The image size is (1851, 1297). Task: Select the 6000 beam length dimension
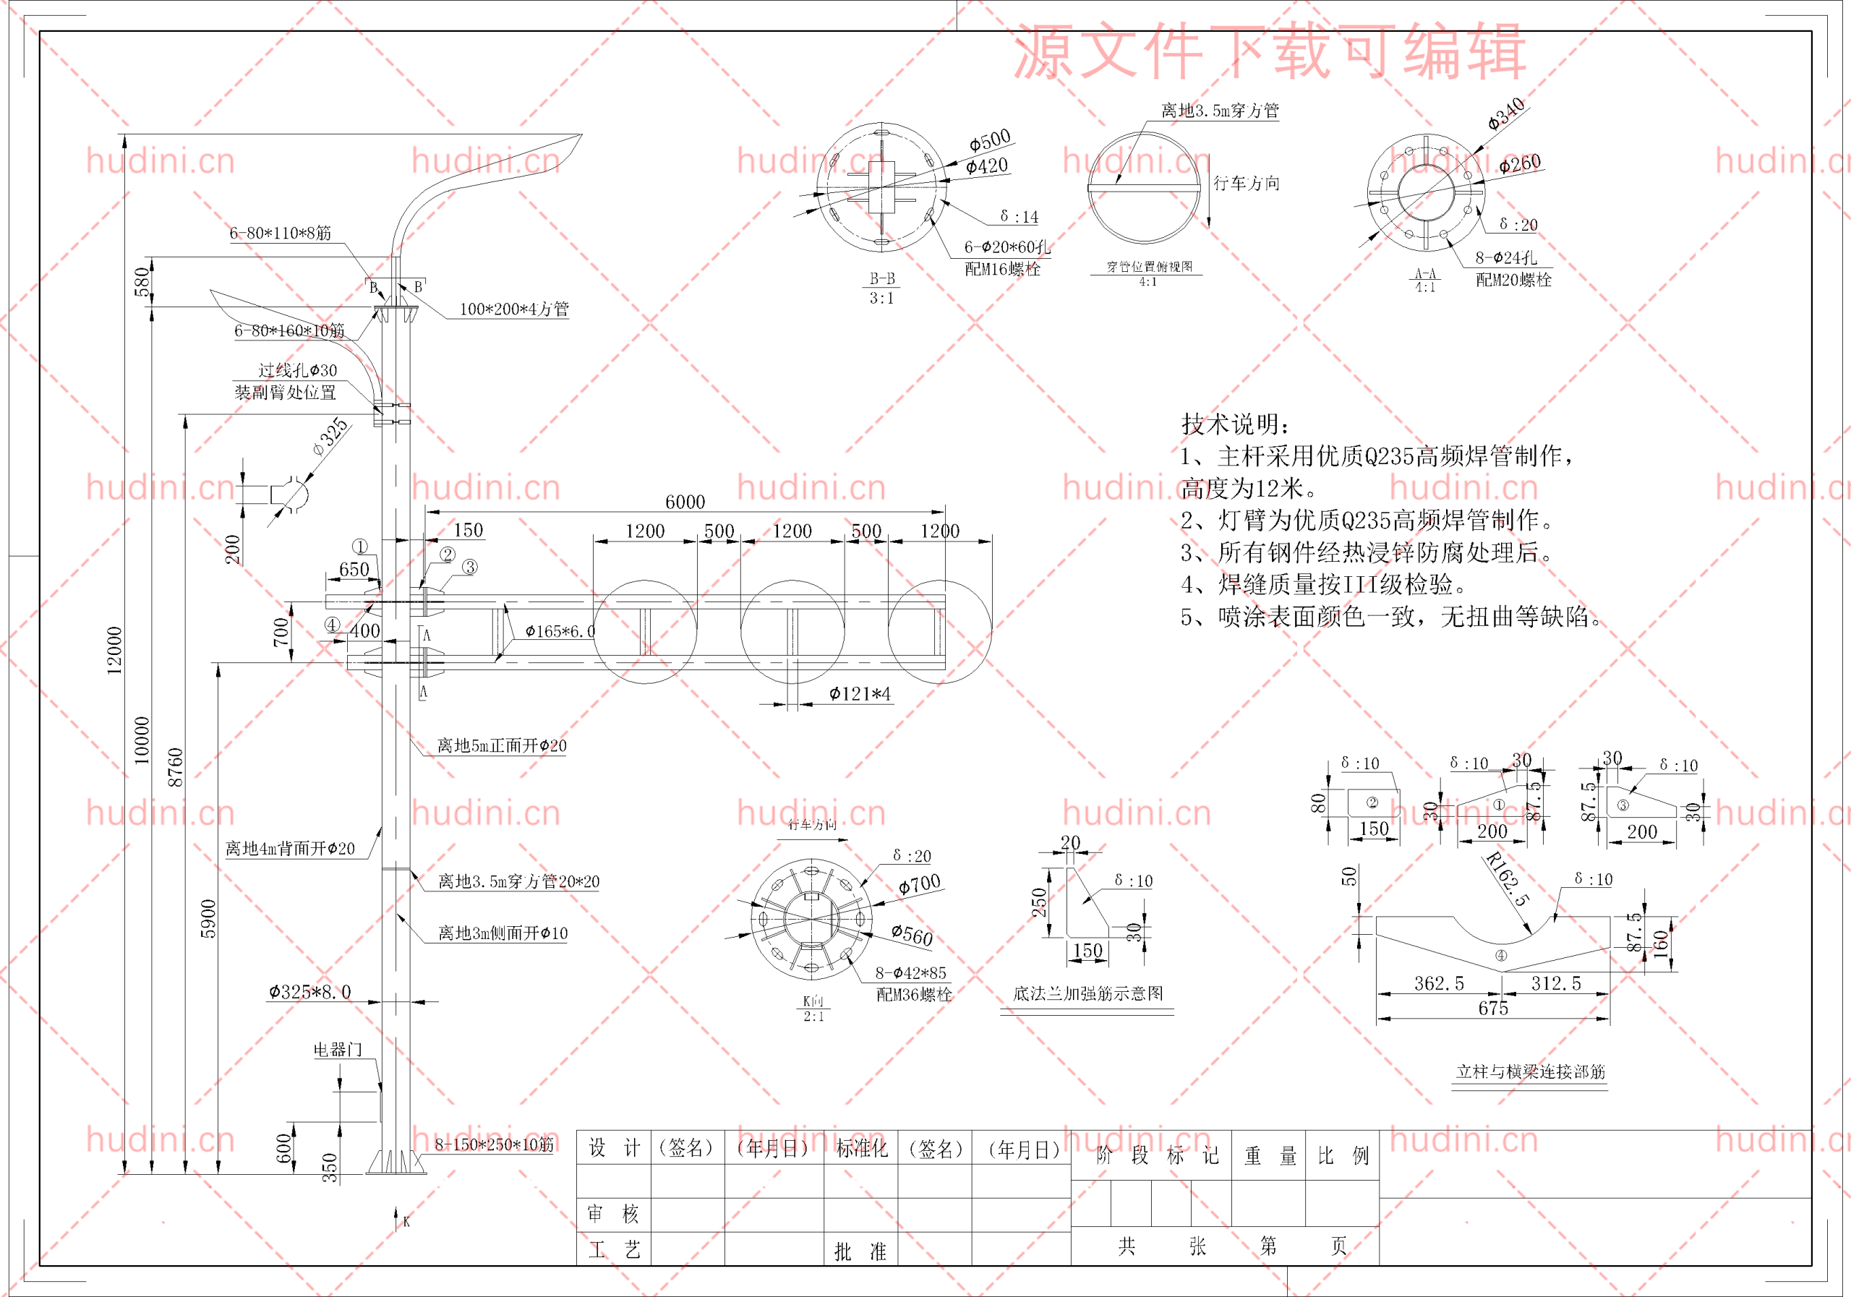[x=685, y=502]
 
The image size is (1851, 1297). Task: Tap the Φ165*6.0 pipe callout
[x=560, y=631]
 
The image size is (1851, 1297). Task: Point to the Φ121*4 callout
[x=860, y=693]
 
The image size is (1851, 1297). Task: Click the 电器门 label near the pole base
[x=338, y=1050]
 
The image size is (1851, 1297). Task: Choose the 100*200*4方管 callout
[x=513, y=309]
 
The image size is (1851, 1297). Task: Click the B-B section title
[x=882, y=279]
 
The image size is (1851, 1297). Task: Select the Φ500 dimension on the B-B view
[x=989, y=140]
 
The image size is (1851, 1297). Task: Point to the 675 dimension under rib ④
[x=1493, y=1008]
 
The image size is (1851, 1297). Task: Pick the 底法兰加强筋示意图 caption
[x=1087, y=993]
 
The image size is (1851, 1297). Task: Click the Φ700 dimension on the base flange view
[x=919, y=884]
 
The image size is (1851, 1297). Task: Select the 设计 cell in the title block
[x=614, y=1148]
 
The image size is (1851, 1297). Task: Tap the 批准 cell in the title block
[x=860, y=1251]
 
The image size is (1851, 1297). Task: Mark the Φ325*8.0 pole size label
[x=309, y=991]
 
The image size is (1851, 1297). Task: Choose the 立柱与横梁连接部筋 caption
[x=1530, y=1071]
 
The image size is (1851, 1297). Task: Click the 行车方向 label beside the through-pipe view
[x=1247, y=183]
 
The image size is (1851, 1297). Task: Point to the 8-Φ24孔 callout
[x=1505, y=258]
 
